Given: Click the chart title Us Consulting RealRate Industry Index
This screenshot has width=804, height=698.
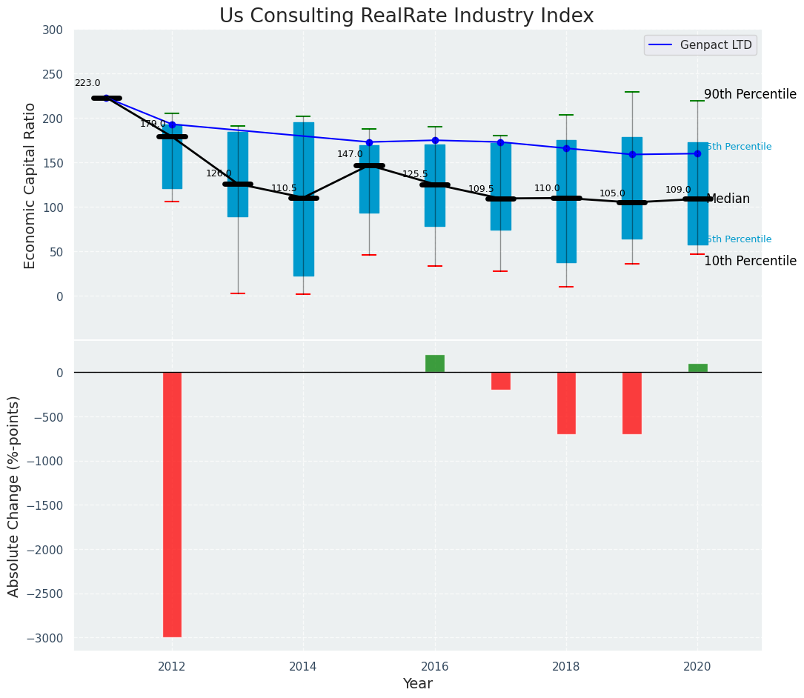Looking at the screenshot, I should tap(406, 16).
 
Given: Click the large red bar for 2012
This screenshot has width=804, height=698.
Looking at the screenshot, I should tap(172, 504).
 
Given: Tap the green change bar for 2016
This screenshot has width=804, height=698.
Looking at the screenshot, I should tap(435, 364).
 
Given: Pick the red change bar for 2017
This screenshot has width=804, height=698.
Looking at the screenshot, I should tap(500, 381).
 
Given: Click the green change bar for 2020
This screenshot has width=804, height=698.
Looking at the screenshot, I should tap(697, 368).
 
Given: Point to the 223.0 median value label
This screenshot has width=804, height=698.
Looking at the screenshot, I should tap(87, 83).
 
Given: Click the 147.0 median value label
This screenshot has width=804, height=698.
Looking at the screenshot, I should tap(350, 154).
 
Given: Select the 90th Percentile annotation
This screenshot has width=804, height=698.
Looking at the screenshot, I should tap(750, 95).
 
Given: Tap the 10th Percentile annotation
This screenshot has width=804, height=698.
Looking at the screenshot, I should tap(750, 261).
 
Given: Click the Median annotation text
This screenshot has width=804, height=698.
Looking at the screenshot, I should tap(728, 199).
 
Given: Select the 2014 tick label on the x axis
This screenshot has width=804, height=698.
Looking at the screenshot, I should tap(303, 667).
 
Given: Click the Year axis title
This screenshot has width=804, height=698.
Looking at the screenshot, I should tap(417, 684).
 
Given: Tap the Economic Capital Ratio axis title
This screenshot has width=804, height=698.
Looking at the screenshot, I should tap(30, 185).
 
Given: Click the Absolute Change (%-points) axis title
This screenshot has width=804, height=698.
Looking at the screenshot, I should tap(14, 496).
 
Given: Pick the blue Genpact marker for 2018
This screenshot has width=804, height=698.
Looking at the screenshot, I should tap(566, 148).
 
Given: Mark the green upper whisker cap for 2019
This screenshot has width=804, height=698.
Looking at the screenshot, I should tap(632, 92).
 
